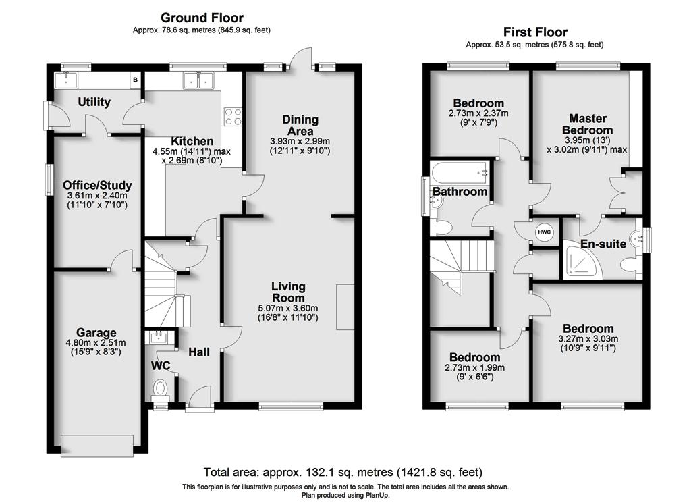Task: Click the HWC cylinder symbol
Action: click(x=544, y=232)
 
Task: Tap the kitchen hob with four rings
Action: click(x=233, y=116)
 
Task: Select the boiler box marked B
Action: click(x=135, y=80)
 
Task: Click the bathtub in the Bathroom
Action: click(x=460, y=174)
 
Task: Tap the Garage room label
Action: click(x=96, y=332)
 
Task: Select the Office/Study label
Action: click(x=97, y=185)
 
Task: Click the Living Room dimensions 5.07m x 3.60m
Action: click(x=288, y=308)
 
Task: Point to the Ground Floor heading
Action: click(x=202, y=18)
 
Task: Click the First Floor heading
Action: click(x=535, y=32)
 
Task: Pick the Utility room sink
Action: click(x=65, y=80)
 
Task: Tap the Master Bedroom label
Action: click(x=588, y=124)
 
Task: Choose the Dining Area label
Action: click(x=300, y=125)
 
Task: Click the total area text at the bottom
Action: click(x=343, y=472)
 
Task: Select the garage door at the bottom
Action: click(x=97, y=446)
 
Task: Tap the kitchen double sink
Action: click(x=198, y=80)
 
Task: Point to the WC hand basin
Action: click(x=157, y=338)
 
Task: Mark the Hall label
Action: click(x=199, y=352)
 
